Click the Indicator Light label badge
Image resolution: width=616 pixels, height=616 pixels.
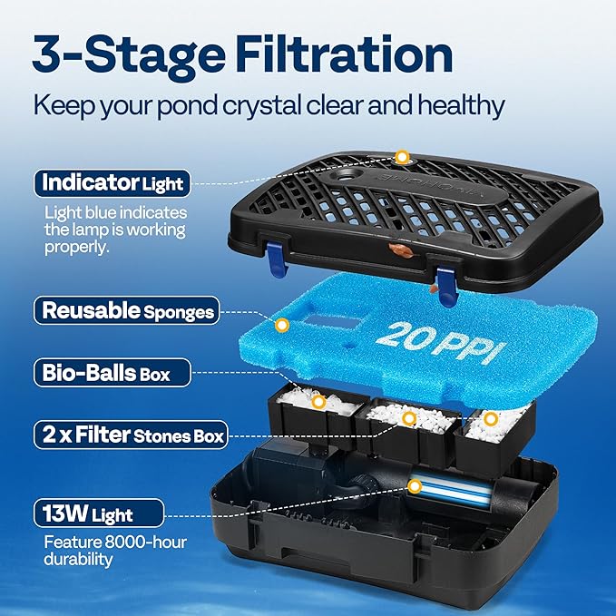pos(112,183)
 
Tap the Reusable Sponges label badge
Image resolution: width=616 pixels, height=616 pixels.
pos(126,310)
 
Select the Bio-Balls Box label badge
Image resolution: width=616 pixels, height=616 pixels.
pos(112,373)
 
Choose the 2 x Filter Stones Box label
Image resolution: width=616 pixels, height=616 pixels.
pos(131,435)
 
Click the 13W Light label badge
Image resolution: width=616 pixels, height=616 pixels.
pos(99,513)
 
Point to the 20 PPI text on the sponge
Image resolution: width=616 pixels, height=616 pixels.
pos(441,343)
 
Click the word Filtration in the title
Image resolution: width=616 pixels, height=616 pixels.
pos(344,54)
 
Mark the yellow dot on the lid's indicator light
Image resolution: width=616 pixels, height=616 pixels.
pos(402,157)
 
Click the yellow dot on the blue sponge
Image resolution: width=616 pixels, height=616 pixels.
pos(281,326)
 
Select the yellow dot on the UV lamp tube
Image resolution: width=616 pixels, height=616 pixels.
pos(414,486)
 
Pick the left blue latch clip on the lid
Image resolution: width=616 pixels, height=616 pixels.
pos(276,259)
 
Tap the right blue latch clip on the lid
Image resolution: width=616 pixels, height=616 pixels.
pos(446,287)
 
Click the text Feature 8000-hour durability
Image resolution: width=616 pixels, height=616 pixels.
pos(115,550)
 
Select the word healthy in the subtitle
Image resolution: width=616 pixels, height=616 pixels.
pos(461,105)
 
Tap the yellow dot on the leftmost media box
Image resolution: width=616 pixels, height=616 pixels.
pos(318,402)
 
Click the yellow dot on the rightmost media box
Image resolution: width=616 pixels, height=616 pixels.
pos(490,419)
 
